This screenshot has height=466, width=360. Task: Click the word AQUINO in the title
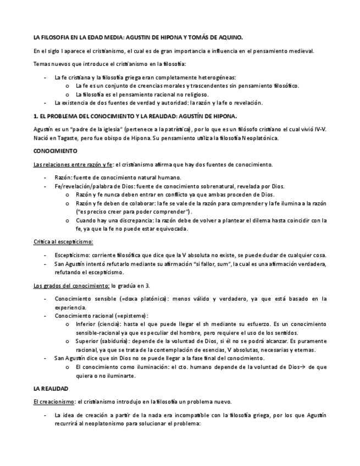[x=229, y=38]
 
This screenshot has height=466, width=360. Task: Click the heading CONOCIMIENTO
[x=56, y=151]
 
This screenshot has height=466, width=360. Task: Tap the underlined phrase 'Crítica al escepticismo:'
[x=63, y=241]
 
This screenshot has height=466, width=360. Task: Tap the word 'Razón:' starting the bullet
[x=64, y=177]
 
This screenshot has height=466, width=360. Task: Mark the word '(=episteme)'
[x=131, y=316]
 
